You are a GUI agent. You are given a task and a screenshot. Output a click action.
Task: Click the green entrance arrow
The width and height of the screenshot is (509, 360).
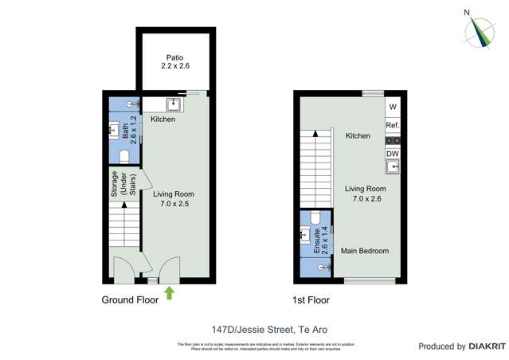tap(169, 292)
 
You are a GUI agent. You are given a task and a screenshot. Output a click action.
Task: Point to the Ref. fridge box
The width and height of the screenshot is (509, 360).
tap(392, 126)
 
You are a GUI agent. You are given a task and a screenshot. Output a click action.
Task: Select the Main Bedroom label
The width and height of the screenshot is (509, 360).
tap(365, 251)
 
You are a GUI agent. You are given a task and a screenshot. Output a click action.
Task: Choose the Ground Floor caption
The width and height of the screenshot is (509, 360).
tap(130, 300)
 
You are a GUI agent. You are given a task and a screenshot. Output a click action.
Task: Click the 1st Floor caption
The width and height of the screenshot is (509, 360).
tap(310, 300)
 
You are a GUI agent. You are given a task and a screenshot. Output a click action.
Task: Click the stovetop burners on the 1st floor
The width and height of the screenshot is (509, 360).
tap(392, 140)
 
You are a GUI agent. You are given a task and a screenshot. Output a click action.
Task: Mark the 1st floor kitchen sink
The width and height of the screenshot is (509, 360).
tap(392, 166)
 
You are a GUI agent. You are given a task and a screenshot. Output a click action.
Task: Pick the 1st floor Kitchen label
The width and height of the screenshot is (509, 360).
tap(358, 136)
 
